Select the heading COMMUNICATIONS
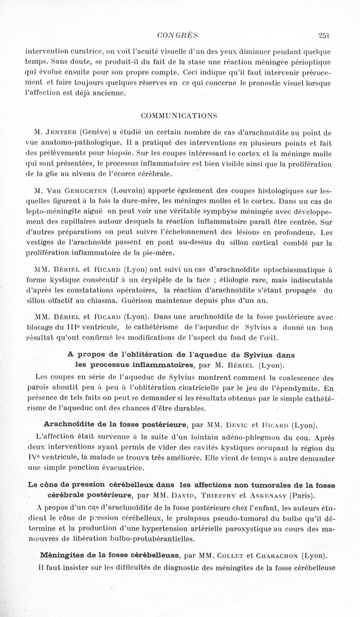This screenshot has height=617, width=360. pyautogui.click(x=179, y=115)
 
